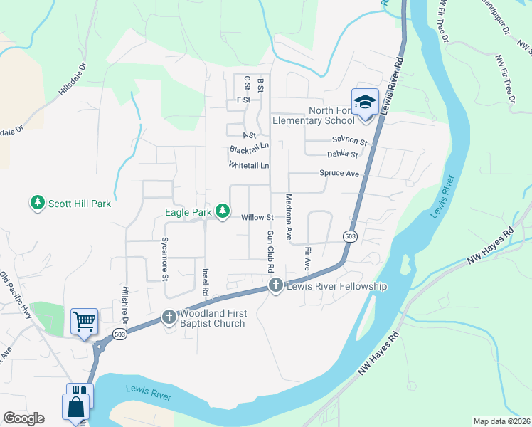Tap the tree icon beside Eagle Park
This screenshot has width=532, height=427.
pos(223,211)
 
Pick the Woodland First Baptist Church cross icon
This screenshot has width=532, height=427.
pos(169,317)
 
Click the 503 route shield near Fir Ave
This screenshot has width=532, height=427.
pos(349,236)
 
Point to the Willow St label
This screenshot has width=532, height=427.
pos(257,217)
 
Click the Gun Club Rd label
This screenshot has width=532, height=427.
pos(270,252)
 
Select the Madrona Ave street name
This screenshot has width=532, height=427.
pos(289,216)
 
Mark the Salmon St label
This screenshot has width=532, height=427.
pos(349,142)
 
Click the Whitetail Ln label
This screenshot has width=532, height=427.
pos(249,165)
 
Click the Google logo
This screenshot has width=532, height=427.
pos(23,418)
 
